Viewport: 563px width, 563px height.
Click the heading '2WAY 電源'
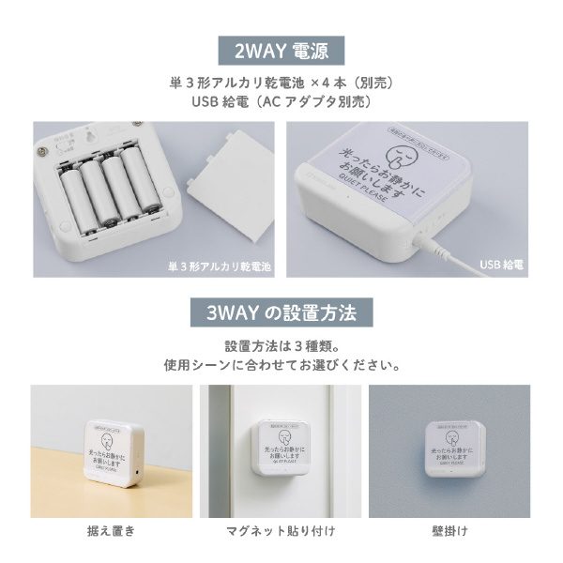(x=281, y=48)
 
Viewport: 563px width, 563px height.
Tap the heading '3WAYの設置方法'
(x=281, y=311)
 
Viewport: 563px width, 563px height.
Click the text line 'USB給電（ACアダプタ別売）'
(x=281, y=101)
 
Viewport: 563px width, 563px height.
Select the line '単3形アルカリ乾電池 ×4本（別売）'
(x=281, y=82)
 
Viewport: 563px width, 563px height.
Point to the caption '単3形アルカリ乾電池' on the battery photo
(x=220, y=266)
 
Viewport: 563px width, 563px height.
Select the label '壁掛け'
(x=449, y=532)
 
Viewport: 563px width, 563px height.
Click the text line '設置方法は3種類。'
(x=281, y=344)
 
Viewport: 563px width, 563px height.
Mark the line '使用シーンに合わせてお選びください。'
(x=281, y=364)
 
